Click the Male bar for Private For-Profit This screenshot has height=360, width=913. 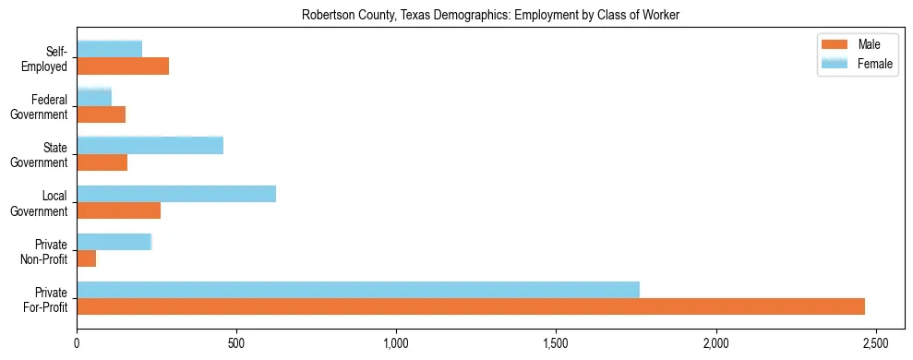[471, 306]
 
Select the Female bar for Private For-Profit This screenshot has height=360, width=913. [358, 289]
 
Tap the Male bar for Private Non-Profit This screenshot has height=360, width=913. [87, 258]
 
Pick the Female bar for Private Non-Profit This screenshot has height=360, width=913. [114, 241]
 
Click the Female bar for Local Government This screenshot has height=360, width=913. [176, 194]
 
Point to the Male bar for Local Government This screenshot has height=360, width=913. [119, 210]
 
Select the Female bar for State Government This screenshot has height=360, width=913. [150, 145]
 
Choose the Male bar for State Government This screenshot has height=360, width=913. [102, 162]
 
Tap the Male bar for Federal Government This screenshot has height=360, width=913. [102, 114]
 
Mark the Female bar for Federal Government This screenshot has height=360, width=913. [94, 96]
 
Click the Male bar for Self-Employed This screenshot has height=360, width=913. [123, 66]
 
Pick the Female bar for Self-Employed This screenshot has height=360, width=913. [110, 49]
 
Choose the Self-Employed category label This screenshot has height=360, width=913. [48, 58]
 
